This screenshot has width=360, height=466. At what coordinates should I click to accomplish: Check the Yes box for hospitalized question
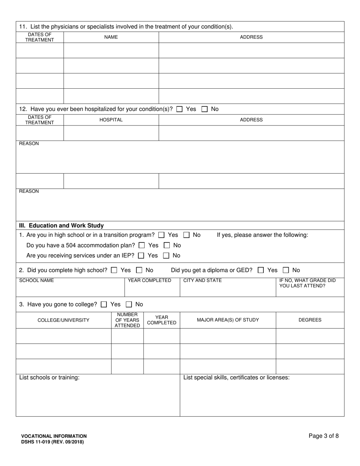click(180, 109)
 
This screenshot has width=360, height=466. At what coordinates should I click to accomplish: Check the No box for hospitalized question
click(205, 109)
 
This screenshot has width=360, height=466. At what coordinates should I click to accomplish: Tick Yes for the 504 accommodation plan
click(142, 246)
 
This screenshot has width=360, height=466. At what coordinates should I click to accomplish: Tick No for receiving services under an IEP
click(166, 256)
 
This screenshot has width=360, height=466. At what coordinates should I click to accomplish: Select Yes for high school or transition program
click(161, 235)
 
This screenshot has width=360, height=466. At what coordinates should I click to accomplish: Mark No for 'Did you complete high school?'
click(139, 270)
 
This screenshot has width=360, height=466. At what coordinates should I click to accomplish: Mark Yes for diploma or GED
click(261, 270)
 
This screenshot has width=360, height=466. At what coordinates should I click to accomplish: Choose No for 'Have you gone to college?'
click(129, 304)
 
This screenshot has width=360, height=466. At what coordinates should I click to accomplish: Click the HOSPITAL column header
click(111, 120)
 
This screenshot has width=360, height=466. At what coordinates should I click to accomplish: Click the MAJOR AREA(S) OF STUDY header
click(228, 320)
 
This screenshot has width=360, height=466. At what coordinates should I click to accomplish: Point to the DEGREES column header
click(310, 320)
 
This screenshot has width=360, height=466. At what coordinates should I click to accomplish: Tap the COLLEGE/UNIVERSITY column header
click(64, 320)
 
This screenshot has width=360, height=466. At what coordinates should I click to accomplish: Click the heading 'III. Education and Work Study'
click(61, 225)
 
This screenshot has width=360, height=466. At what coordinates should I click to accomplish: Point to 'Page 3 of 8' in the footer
click(324, 436)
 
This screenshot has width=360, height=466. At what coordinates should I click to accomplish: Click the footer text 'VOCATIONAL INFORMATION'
click(54, 436)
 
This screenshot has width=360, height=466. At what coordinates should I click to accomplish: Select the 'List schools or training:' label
click(49, 377)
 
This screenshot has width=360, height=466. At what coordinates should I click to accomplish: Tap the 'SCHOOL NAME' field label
click(36, 280)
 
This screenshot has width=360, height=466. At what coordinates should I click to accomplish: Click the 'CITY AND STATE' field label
click(202, 280)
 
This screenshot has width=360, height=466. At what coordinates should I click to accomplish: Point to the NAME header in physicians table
click(111, 37)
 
